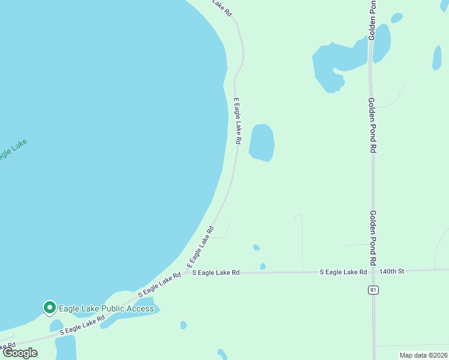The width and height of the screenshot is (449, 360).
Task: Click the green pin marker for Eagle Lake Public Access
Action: pos(49,308)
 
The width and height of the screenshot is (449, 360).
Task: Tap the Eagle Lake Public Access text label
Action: pos(106,309)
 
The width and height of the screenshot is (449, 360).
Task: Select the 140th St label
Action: pos(393,271)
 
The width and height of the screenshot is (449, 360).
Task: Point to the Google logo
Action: pos(20,352)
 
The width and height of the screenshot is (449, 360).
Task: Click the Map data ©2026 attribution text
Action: pos(423,355)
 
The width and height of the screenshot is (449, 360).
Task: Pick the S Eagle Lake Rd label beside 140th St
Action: pos(343,272)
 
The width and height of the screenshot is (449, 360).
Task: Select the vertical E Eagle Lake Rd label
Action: pos(237,121)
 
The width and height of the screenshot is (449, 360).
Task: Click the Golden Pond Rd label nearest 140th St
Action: pos(373,238)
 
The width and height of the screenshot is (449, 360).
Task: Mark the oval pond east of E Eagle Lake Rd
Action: pos(262,143)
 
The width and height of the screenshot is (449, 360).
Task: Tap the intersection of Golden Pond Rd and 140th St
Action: pos(373,271)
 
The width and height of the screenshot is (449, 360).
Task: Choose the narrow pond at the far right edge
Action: pos(436,58)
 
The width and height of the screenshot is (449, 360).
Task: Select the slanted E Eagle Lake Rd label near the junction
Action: pos(200,247)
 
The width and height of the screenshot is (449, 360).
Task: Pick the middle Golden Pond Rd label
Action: pos(372,125)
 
